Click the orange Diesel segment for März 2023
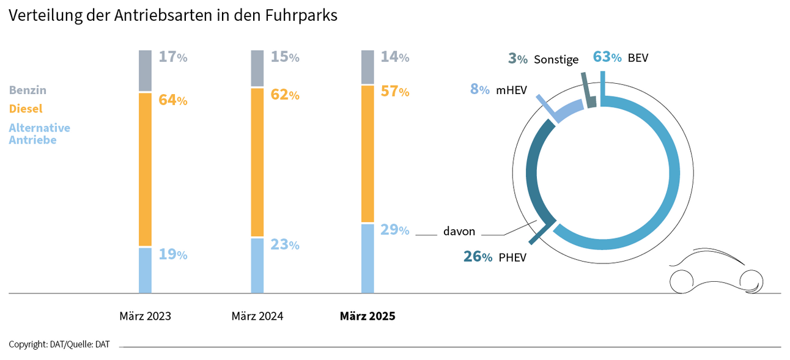(145, 169)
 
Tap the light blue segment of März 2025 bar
(367, 259)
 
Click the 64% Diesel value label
(172, 100)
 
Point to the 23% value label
(285, 245)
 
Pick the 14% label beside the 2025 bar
(395, 57)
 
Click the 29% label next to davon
(395, 230)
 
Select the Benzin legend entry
(28, 90)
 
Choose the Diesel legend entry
(26, 109)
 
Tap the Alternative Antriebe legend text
(39, 134)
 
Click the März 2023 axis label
(145, 317)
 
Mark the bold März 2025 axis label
(367, 317)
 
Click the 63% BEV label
(620, 58)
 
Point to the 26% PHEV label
(494, 257)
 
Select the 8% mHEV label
(497, 89)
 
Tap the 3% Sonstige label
(543, 59)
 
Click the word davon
(459, 232)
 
